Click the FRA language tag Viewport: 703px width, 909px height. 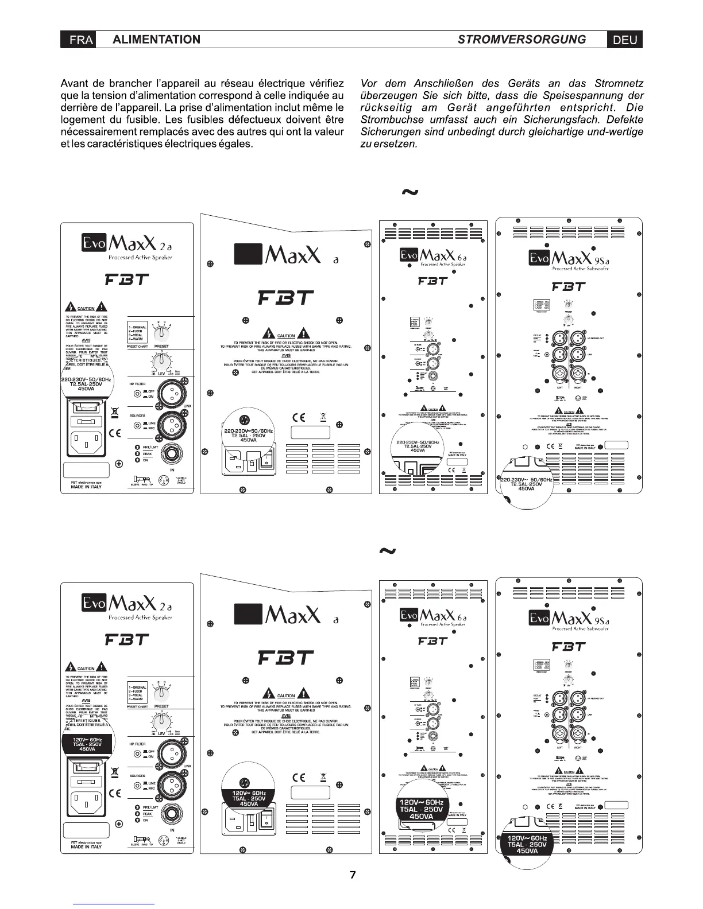coord(78,40)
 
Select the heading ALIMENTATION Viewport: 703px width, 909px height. coord(157,40)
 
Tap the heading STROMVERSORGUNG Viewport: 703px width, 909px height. coord(522,39)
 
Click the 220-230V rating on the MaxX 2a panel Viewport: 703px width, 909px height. coord(87,380)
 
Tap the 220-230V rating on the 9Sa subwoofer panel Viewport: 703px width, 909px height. coord(527,479)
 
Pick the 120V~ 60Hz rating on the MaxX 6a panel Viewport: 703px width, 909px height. coord(422,802)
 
